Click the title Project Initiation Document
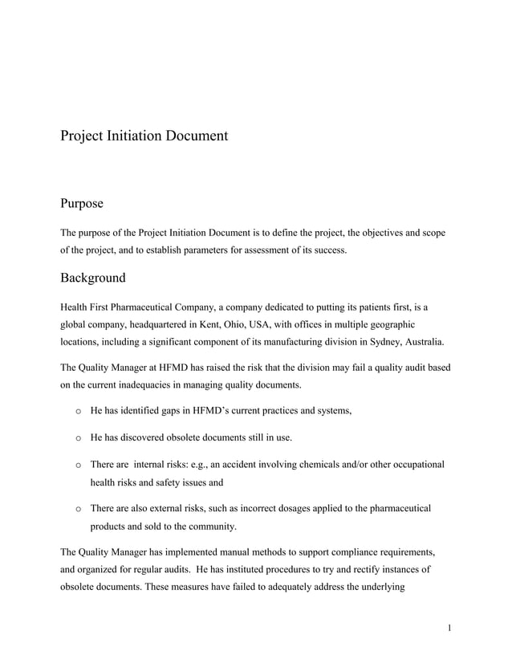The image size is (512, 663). (144, 136)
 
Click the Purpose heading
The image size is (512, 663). (82, 204)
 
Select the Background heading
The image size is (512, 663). (93, 278)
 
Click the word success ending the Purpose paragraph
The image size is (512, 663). (330, 250)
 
